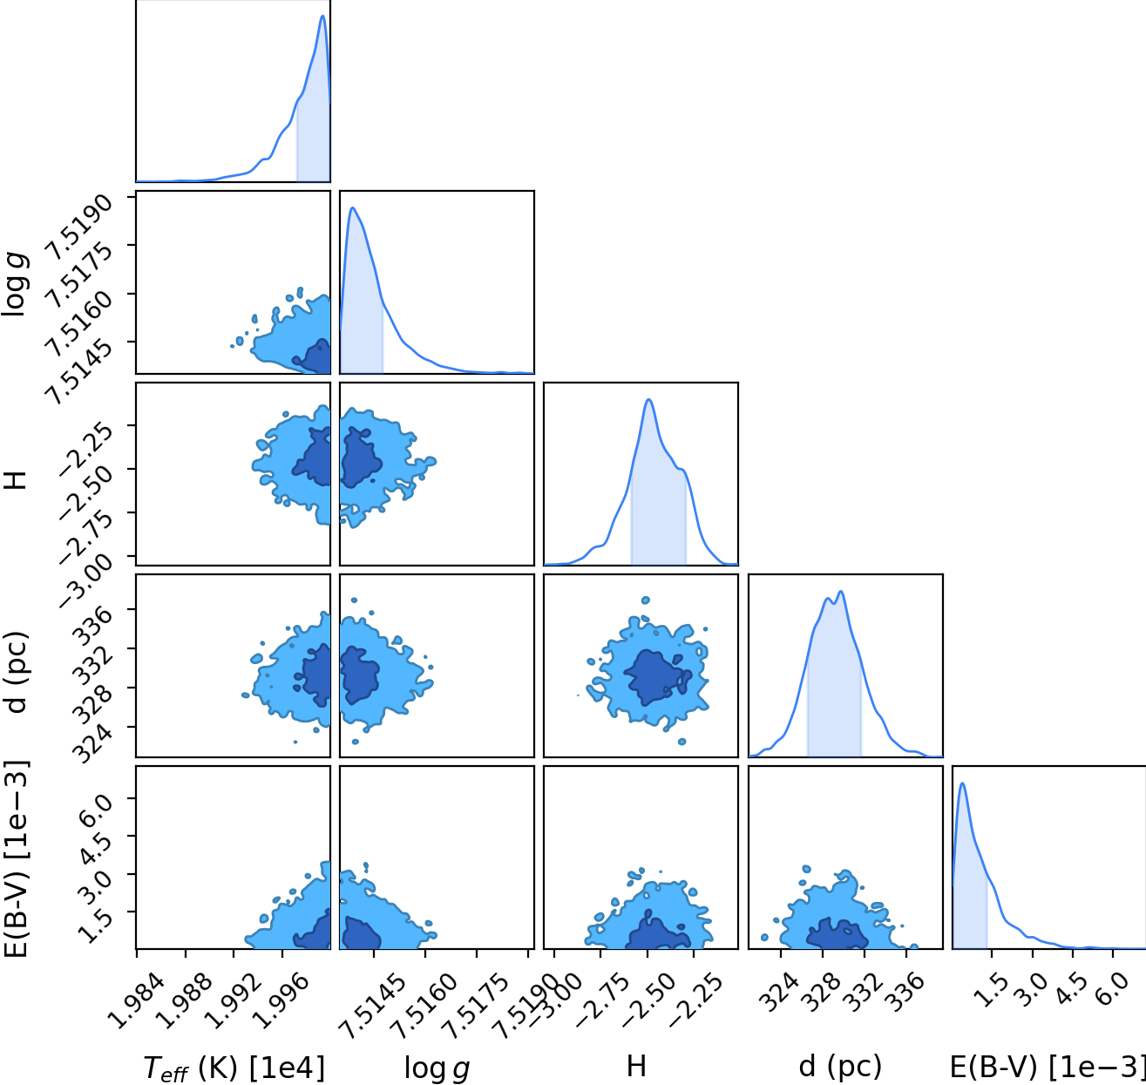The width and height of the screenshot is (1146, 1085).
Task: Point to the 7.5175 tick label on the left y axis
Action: [x=78, y=275]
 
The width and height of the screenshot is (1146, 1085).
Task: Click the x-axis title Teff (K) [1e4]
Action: [x=234, y=1068]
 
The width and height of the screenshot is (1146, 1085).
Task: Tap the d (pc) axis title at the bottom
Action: [x=840, y=1067]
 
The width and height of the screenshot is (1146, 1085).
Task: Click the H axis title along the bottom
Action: [x=636, y=1067]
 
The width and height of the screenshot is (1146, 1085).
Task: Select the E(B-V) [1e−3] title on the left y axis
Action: [x=15, y=860]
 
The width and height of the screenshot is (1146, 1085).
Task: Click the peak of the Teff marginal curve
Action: [x=322, y=16]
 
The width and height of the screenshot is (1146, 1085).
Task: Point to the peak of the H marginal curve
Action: [x=648, y=399]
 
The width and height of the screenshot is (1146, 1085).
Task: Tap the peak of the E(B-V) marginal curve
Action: [x=962, y=783]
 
